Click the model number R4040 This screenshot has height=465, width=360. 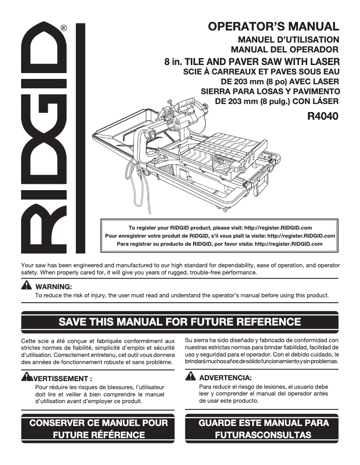click(x=322, y=116)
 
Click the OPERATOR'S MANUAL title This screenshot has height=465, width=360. click(x=273, y=26)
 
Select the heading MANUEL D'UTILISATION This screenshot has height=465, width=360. click(x=288, y=40)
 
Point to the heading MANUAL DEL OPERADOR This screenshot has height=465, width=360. click(x=284, y=49)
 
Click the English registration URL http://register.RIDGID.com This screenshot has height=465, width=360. click(x=283, y=228)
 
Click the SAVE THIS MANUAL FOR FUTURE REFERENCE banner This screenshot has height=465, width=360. click(x=180, y=322)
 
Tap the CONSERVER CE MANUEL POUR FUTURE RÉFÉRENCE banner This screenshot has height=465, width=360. click(x=99, y=429)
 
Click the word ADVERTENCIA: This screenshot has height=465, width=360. click(x=225, y=378)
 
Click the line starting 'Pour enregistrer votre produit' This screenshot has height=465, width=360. click(x=220, y=236)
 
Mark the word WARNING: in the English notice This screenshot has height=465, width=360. click(x=53, y=287)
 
